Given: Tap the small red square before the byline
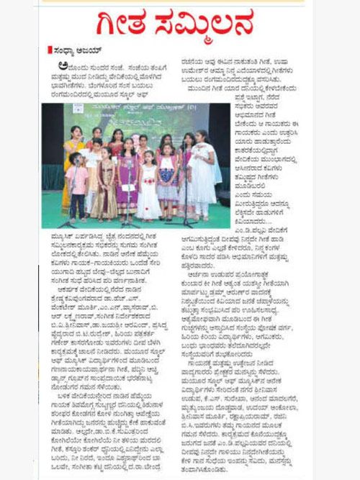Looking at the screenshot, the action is pyautogui.click(x=50, y=50).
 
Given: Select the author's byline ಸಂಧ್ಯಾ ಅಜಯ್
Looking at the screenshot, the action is pyautogui.click(x=75, y=50).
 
